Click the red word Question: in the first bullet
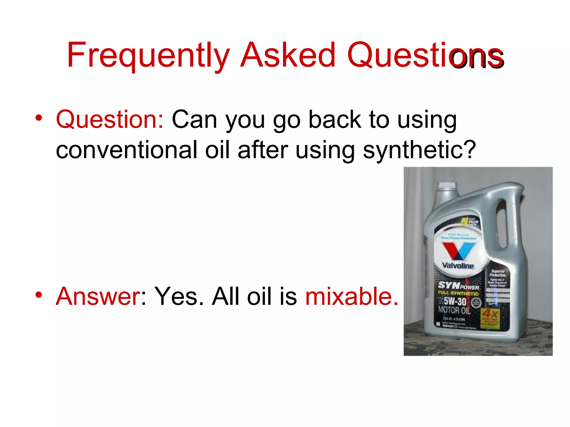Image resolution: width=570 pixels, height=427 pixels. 110,120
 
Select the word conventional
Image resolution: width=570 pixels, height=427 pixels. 127,150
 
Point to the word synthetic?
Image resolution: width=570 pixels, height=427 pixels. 419,150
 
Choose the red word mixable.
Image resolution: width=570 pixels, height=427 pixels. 352,296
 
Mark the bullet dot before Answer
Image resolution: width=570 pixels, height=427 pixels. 39,295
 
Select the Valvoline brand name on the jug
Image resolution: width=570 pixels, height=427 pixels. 458,266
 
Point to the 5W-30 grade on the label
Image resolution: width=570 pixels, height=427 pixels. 455,301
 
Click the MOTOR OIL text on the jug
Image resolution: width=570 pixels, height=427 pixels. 454,310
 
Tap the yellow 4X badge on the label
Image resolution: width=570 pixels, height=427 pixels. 490,314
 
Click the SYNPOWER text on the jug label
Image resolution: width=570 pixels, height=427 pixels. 458,286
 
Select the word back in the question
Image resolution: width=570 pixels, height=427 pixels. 335,120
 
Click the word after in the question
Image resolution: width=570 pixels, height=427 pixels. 263,150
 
